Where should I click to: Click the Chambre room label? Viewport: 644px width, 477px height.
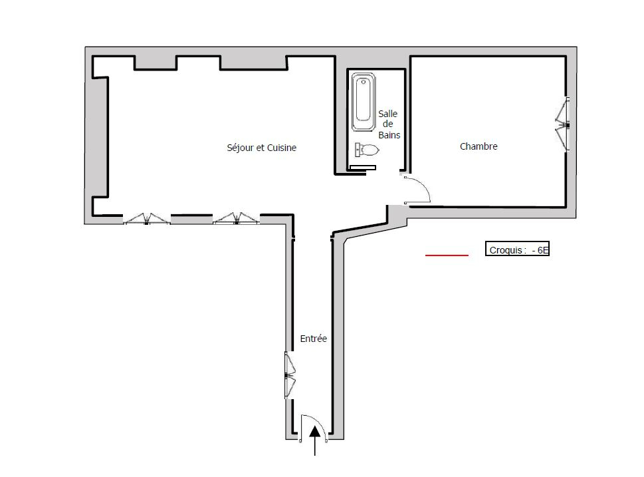pos(479,146)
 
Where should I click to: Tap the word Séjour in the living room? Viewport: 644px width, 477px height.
pos(241,148)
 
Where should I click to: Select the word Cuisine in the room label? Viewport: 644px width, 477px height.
pos(282,148)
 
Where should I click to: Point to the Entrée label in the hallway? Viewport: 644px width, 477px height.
pos(314,339)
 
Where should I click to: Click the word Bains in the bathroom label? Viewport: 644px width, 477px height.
pos(389,135)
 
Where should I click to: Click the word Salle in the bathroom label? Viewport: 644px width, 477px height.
pos(387,114)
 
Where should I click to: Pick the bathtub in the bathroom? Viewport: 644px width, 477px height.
pos(364,102)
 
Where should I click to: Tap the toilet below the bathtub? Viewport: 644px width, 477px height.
pos(367,150)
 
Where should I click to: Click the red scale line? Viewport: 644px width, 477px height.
pos(447,255)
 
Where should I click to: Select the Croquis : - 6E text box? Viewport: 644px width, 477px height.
pos(517,249)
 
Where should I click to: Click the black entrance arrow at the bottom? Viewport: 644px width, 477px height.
pos(315,440)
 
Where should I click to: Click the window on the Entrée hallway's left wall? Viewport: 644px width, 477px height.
pos(290,375)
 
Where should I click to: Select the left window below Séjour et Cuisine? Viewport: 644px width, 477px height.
pos(147,219)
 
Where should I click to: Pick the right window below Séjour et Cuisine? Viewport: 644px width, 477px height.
pos(236,219)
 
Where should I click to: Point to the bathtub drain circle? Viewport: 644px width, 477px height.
pos(364,82)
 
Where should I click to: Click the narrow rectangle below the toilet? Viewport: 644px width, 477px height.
pos(362,168)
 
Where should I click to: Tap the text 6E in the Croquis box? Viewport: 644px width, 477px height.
pos(542,249)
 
